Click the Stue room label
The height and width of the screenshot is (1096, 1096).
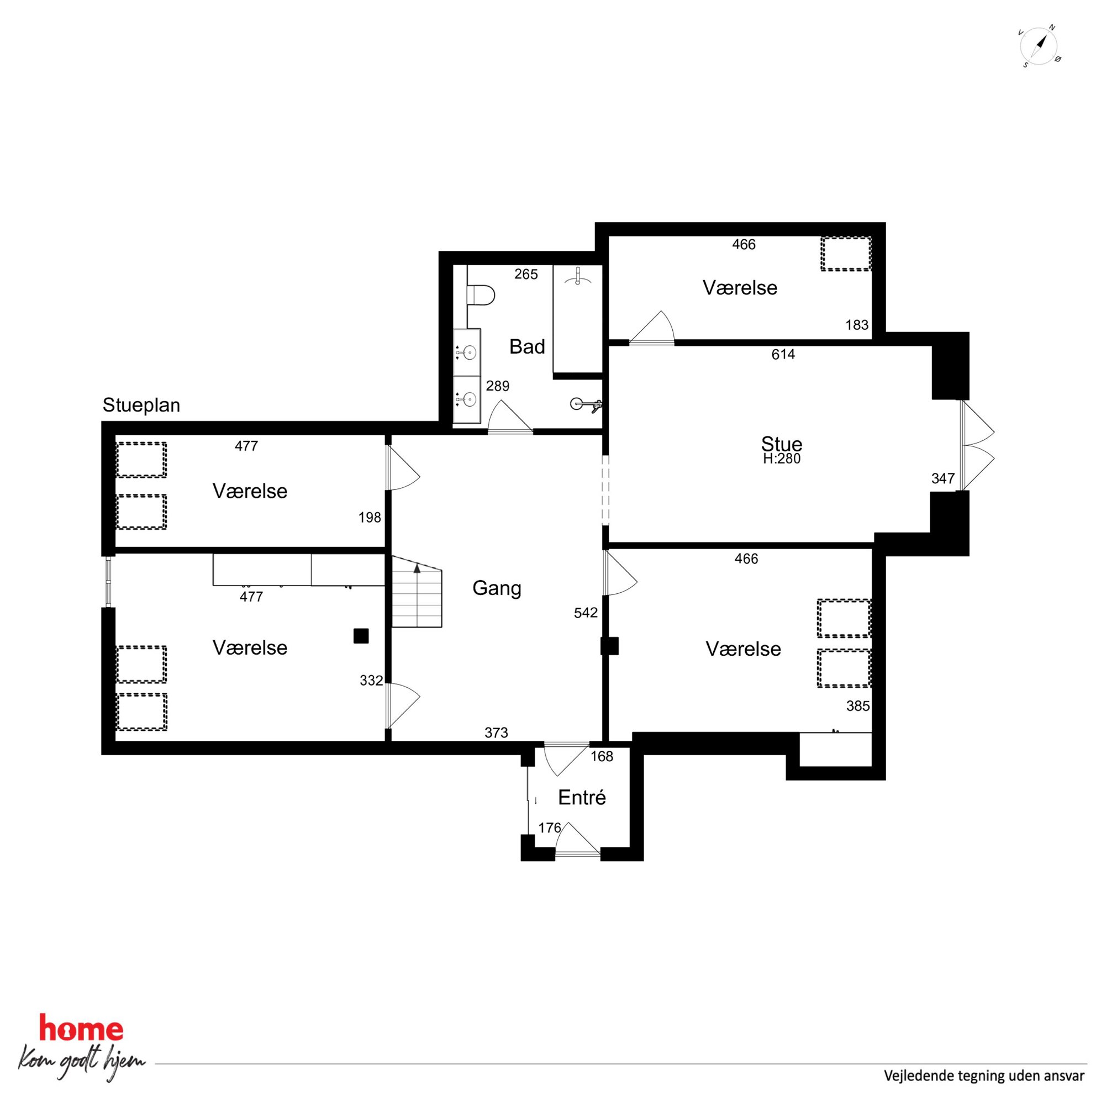(x=781, y=444)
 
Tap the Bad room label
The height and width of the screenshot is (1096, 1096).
(x=527, y=346)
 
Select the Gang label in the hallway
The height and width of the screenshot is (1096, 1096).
(x=497, y=588)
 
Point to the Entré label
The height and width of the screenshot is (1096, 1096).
(x=582, y=798)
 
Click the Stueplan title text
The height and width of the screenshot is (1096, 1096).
(x=141, y=405)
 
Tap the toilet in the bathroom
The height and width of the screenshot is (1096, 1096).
(x=481, y=296)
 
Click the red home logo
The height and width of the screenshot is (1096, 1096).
(x=81, y=1030)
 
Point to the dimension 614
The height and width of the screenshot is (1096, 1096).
(x=783, y=355)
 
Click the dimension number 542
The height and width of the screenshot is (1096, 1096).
(x=586, y=613)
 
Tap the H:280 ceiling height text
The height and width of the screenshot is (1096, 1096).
(x=782, y=459)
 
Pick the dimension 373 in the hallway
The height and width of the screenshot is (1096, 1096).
(x=497, y=733)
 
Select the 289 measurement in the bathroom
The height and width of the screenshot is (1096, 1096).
(x=498, y=386)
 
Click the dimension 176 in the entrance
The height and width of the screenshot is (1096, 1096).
(x=550, y=828)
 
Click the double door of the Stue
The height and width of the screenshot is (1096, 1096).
(x=977, y=445)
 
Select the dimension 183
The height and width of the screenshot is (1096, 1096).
(x=857, y=325)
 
